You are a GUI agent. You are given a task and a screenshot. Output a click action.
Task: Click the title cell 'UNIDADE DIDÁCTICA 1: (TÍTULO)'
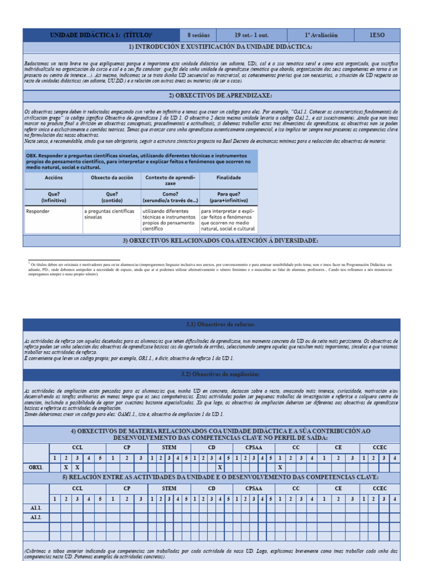pyautogui.click(x=100, y=35)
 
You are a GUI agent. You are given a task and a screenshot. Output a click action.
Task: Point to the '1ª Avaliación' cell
pyautogui.click(x=321, y=35)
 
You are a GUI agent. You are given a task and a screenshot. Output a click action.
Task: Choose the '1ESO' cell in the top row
pyautogui.click(x=377, y=35)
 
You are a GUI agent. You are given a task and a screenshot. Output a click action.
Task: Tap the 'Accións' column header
pyautogui.click(x=53, y=178)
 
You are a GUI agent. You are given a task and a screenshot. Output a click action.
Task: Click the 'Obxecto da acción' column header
pyautogui.click(x=112, y=178)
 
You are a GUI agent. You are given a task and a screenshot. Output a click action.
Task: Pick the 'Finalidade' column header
pyautogui.click(x=228, y=178)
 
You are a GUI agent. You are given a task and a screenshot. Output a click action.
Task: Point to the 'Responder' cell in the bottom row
pyautogui.click(x=38, y=210)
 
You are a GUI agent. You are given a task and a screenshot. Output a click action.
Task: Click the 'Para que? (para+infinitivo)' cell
pyautogui.click(x=228, y=197)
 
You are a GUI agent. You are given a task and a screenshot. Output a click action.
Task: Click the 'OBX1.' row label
pyautogui.click(x=36, y=467)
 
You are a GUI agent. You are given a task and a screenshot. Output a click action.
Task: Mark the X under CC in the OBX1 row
pyautogui.click(x=279, y=467)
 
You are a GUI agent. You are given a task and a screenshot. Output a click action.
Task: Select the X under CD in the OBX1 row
pyautogui.click(x=220, y=467)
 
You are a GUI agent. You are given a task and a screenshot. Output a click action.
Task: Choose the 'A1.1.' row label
pyautogui.click(x=36, y=508)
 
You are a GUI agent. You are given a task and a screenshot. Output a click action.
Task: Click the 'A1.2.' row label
pyautogui.click(x=36, y=517)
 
